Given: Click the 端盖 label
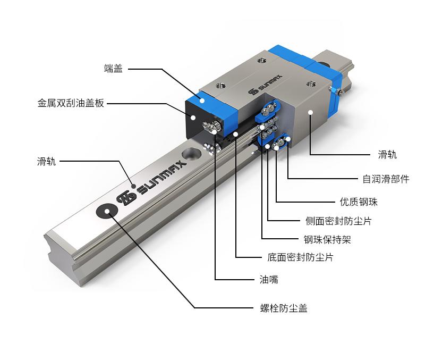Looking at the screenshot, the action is click(x=113, y=69).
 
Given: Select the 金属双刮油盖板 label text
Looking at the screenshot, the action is click(x=71, y=103).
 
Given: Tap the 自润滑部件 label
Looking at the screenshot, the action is click(x=386, y=179).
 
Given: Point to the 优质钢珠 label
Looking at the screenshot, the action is click(x=359, y=202).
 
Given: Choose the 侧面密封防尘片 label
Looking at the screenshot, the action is click(x=338, y=221).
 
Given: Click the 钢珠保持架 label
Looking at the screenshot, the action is click(x=327, y=239).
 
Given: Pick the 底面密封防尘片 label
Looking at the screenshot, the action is click(x=300, y=257).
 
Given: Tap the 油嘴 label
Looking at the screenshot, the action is click(x=269, y=279).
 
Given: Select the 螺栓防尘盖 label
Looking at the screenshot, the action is click(x=284, y=308).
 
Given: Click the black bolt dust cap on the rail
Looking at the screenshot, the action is click(x=107, y=212).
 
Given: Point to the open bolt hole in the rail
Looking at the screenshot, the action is click(x=192, y=153).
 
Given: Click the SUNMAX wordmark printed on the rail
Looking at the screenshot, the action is click(x=162, y=178).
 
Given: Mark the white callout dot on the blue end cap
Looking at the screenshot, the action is click(x=202, y=101).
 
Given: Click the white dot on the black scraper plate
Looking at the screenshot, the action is click(x=193, y=118).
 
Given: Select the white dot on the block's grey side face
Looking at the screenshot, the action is click(x=311, y=112).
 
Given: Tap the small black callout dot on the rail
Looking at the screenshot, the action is click(x=133, y=186).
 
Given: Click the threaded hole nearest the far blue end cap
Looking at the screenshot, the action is click(x=311, y=83).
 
